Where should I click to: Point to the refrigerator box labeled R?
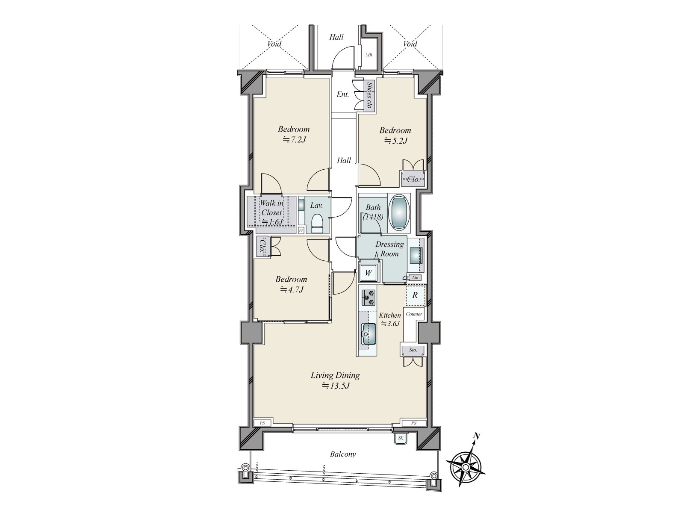[x=415, y=295]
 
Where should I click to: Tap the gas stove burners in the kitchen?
[x=368, y=297]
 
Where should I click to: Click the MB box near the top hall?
[x=368, y=55]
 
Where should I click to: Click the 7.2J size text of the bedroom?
[x=294, y=139]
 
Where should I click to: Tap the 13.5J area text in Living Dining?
[x=336, y=386]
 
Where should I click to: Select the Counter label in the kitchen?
[x=414, y=314]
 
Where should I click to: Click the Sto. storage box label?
[x=413, y=350]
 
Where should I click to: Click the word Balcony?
[x=343, y=454]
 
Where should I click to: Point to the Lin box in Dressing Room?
[x=415, y=278]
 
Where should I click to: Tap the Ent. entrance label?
[x=342, y=94]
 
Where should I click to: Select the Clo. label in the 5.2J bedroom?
[x=413, y=180]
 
